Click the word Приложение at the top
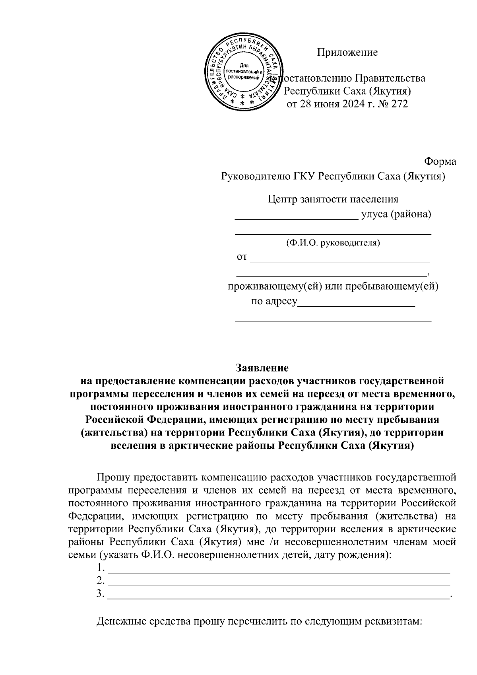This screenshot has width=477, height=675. (347, 52)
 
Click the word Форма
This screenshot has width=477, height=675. (440, 161)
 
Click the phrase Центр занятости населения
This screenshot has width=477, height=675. (333, 199)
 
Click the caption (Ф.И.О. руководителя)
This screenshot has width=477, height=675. (333, 243)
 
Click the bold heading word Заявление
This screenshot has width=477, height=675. (262, 366)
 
